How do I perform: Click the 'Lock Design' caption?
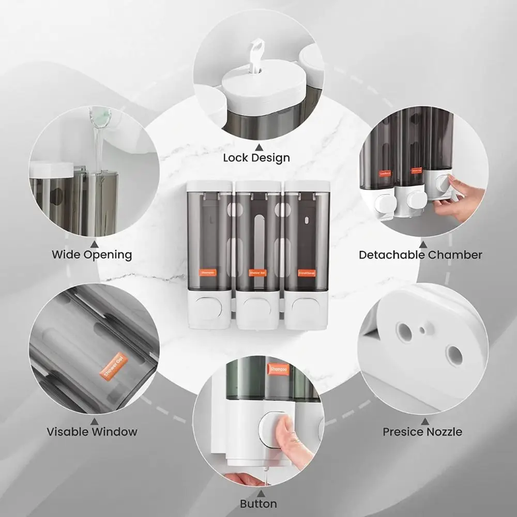pos(256,157)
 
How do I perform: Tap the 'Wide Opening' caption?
pos(92,254)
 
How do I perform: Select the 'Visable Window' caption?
pos(92,431)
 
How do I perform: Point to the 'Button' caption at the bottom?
pos(258,504)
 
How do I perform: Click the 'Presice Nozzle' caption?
pos(422,431)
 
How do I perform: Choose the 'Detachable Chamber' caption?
pos(420,254)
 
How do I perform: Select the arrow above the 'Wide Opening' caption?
pos(94,241)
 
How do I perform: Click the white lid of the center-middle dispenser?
pos(257,186)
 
